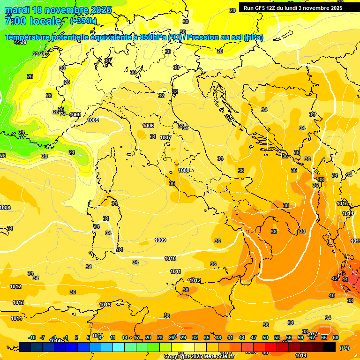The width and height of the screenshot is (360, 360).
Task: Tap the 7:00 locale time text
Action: pyautogui.click(x=33, y=21)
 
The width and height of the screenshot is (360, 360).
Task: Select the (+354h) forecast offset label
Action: pyautogui.click(x=84, y=21)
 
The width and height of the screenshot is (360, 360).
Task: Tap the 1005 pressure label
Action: pyautogui.click(x=93, y=120)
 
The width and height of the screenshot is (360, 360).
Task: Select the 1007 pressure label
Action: pyautogui.click(x=165, y=137)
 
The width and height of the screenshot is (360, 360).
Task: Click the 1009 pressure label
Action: pyautogui.click(x=160, y=240)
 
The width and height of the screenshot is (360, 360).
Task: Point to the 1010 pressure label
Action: pyautogui.click(x=170, y=258)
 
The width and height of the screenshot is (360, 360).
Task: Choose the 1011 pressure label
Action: pyautogui.click(x=175, y=271)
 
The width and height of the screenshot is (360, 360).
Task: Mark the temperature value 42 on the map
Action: pyautogui.click(x=335, y=278)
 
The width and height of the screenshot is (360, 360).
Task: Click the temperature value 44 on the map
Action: pyautogui.click(x=345, y=279)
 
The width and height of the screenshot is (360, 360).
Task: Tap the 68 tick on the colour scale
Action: pyautogui.click(x=336, y=337)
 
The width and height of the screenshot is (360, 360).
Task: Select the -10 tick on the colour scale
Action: pyautogui.click(x=32, y=337)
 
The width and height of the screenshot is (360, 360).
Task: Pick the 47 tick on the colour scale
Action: pyautogui.click(x=254, y=337)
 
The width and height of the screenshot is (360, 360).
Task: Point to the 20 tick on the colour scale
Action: pyautogui.click(x=148, y=337)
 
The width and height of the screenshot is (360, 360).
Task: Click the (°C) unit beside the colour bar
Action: pyautogui.click(x=345, y=347)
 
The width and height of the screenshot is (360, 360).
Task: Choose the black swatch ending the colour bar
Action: pyautogui.click(x=330, y=347)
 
